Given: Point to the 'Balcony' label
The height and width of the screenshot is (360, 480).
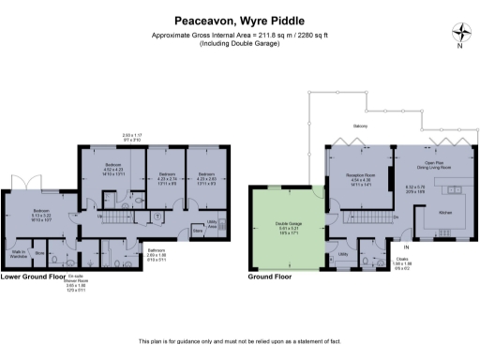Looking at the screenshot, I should point(360,126).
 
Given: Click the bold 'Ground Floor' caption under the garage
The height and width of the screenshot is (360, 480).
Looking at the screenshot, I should point(270,277).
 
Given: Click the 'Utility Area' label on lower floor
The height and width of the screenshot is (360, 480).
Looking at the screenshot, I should point(212,226).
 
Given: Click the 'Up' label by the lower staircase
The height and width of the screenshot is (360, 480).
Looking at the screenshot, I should point(100,217).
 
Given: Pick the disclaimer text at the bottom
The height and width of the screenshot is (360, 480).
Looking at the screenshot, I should point(239,339).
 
